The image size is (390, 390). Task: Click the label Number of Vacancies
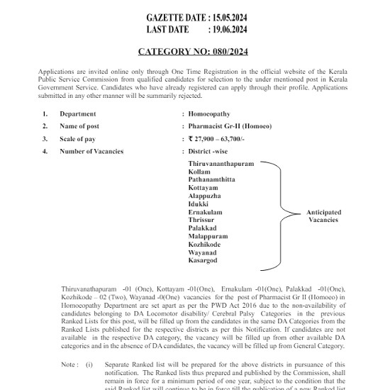[x=91, y=152]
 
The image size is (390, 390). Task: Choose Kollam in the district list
[x=199, y=172]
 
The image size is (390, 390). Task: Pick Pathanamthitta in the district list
[x=212, y=179]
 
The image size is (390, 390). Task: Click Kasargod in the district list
[x=203, y=260]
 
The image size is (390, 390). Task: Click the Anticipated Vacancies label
[x=323, y=216]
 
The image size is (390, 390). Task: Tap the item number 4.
[x=45, y=152]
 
